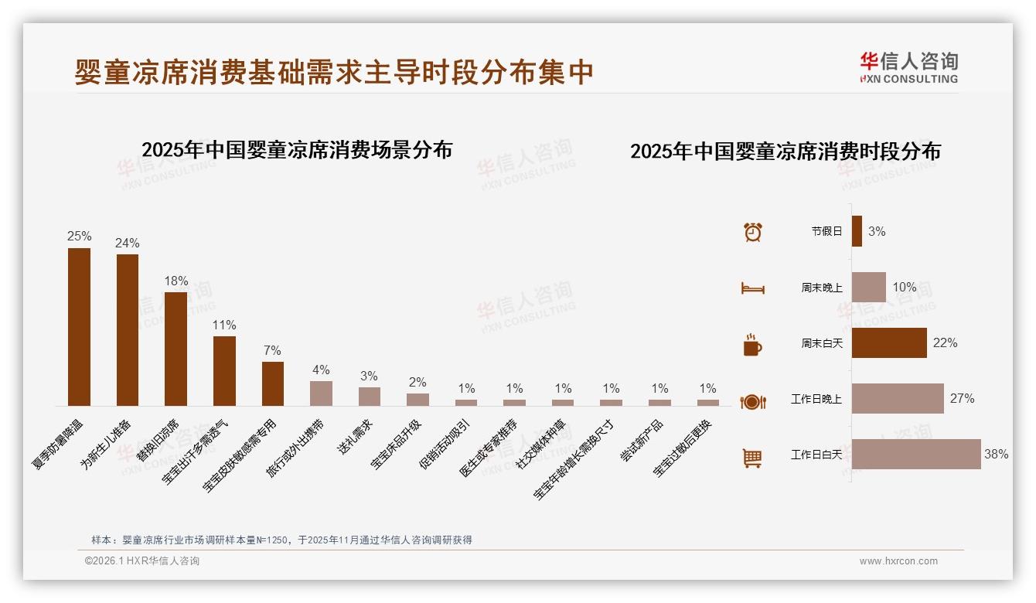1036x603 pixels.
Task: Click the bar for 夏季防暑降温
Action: click(x=79, y=326)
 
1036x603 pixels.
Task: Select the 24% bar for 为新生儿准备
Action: click(x=128, y=329)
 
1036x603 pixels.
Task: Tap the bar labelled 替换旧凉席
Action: click(x=176, y=349)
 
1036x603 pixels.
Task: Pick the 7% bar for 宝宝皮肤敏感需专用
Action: click(x=272, y=383)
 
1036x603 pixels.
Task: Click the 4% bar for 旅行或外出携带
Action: click(x=321, y=393)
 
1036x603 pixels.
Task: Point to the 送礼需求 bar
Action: click(x=369, y=396)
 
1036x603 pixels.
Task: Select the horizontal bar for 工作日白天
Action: click(x=915, y=454)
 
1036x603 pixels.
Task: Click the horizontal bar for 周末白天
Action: click(x=888, y=342)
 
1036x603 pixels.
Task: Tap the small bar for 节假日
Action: click(x=857, y=231)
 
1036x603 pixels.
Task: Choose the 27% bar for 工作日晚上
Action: click(x=897, y=398)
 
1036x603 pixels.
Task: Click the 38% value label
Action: click(x=996, y=455)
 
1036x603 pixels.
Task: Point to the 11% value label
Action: click(x=224, y=325)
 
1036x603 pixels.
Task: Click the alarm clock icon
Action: click(x=752, y=232)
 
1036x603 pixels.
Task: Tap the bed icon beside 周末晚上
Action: click(x=752, y=288)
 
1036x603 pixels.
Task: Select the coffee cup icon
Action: click(x=752, y=344)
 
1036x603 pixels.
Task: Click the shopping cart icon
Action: click(x=752, y=458)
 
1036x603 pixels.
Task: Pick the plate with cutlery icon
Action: click(x=752, y=401)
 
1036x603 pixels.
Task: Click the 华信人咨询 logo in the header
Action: click(x=908, y=68)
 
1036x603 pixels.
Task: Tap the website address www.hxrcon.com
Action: click(x=898, y=561)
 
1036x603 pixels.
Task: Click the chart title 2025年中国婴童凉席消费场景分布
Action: click(x=297, y=149)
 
